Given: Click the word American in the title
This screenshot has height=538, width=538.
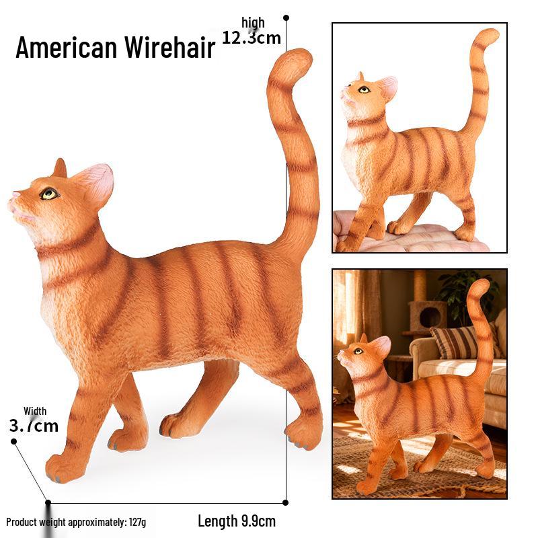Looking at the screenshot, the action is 66,47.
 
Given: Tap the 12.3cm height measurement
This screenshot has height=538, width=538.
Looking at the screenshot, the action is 252,38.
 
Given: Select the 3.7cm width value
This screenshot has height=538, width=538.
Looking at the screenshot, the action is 34,426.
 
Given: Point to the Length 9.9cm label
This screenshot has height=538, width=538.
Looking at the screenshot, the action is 237,521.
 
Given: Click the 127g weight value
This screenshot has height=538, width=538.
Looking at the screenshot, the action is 137,523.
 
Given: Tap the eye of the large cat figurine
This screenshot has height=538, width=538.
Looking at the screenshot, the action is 49,194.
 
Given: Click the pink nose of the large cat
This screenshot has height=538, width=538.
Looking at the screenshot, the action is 15,195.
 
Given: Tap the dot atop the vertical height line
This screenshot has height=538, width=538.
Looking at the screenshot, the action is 286,17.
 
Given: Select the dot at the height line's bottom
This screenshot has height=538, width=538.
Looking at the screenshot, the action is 285,502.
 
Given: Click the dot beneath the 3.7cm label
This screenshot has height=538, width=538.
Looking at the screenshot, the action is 13,441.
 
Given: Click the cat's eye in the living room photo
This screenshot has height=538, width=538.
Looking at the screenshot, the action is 358,351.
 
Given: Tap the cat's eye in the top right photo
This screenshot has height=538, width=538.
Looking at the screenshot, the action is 364,90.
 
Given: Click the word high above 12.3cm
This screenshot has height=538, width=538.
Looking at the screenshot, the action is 254,23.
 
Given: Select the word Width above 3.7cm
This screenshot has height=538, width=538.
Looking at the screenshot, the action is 35,411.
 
